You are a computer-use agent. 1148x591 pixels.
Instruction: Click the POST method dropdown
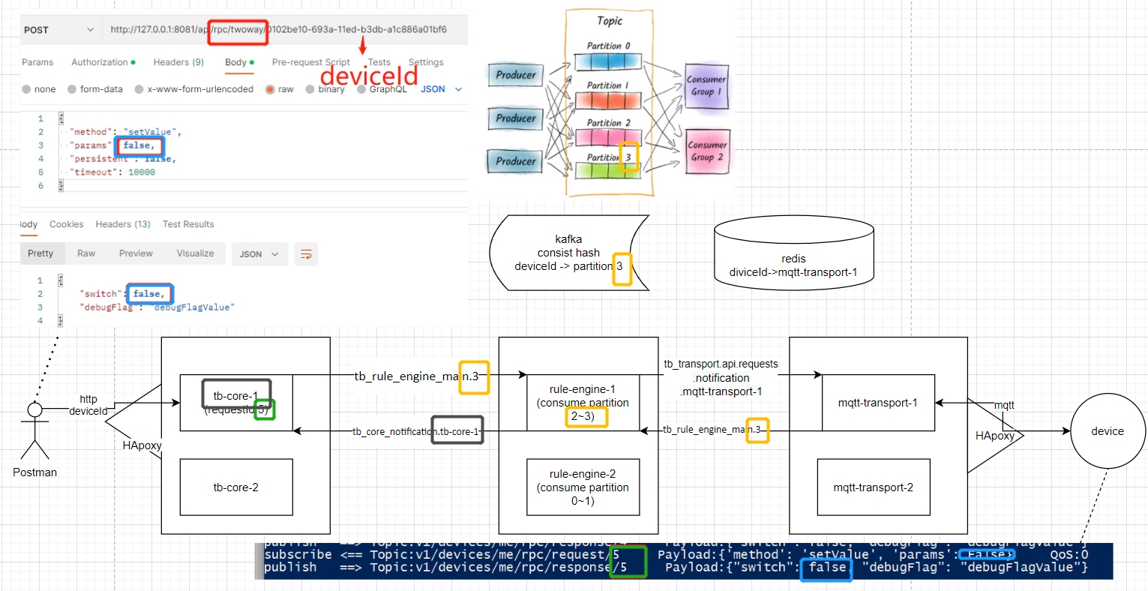[x=58, y=30]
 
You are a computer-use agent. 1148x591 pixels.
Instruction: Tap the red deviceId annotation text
[x=369, y=76]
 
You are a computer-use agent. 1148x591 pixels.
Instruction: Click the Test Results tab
[x=188, y=224]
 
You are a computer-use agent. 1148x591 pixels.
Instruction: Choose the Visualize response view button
[x=195, y=253]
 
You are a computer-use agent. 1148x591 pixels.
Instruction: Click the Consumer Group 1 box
[x=706, y=85]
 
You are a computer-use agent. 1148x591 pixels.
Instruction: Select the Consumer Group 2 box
[x=706, y=151]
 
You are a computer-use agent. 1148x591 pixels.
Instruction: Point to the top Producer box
[x=516, y=75]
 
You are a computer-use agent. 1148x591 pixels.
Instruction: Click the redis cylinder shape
[x=793, y=255]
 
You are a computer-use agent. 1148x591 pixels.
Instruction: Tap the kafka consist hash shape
[x=568, y=253]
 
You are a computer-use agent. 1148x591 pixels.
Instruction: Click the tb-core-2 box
[x=236, y=487]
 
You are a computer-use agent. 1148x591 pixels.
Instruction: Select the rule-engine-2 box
[x=583, y=487]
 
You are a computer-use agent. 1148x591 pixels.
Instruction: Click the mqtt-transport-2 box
[x=874, y=487]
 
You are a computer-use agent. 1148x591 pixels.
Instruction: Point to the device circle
[x=1108, y=431]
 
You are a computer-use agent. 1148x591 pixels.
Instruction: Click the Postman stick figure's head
[x=34, y=409]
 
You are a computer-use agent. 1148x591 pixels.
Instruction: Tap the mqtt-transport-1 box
[x=878, y=403]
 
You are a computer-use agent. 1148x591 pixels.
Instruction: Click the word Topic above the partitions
[x=610, y=21]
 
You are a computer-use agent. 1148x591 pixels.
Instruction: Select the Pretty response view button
[x=40, y=253]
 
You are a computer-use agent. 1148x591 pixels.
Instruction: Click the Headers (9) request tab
[x=178, y=62]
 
